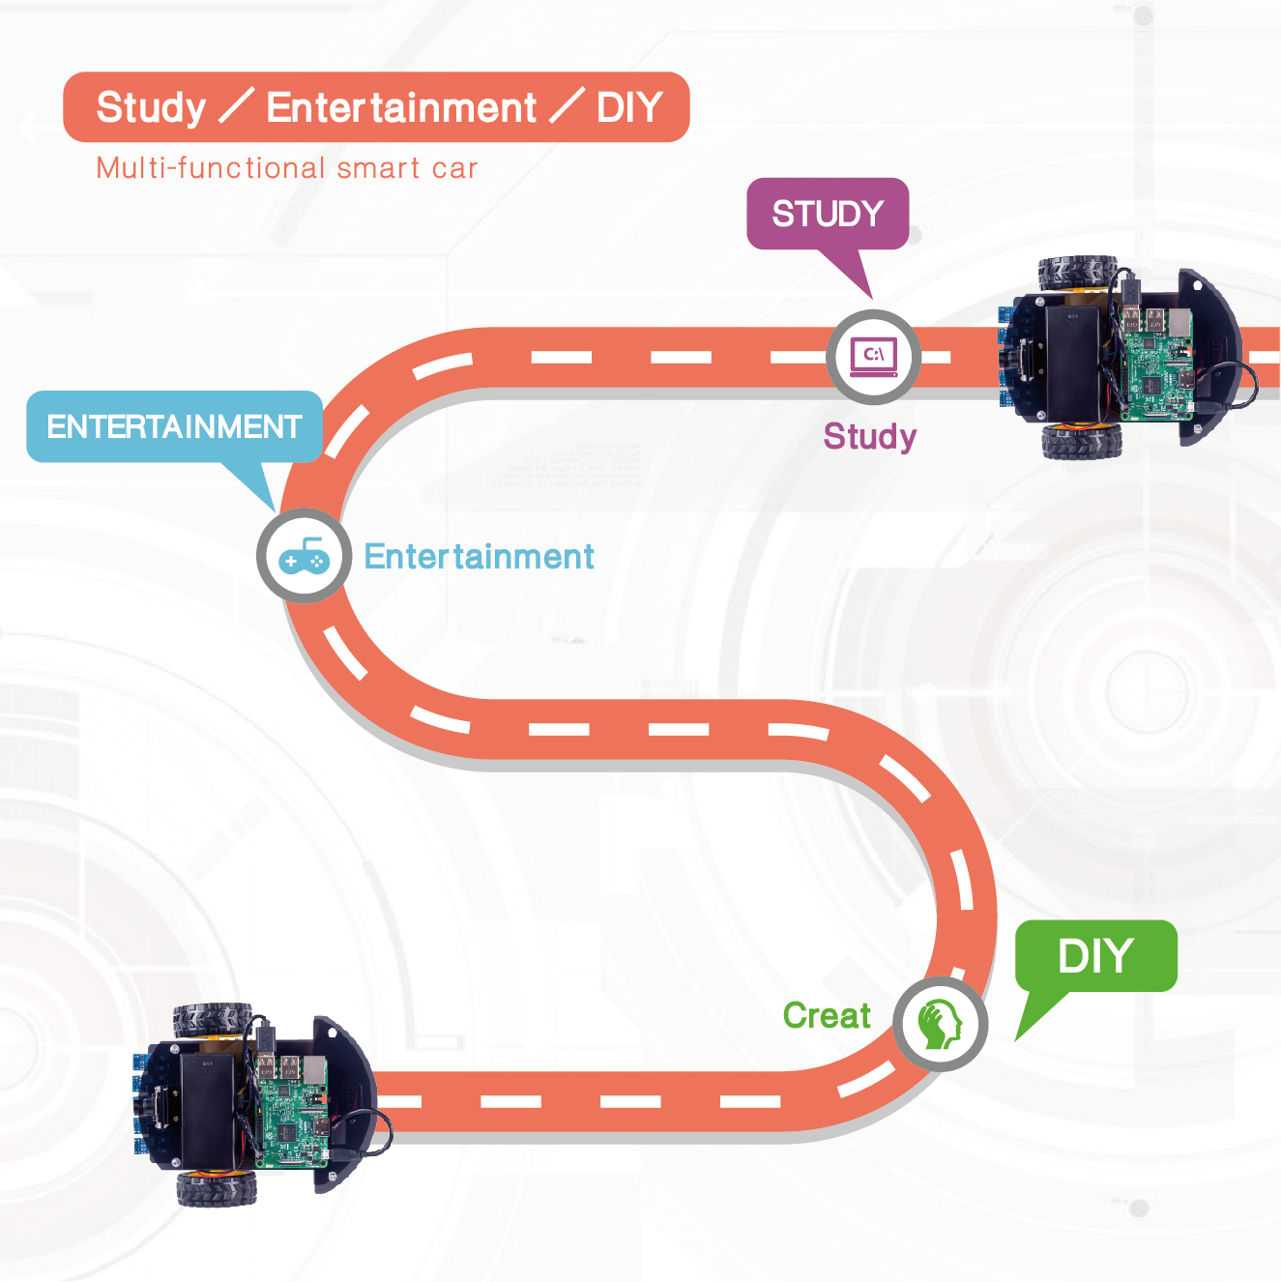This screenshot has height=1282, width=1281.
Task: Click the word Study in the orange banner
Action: tap(151, 107)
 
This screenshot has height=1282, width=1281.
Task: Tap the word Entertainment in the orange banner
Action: tap(401, 107)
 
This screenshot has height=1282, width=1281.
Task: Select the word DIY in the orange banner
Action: tap(629, 107)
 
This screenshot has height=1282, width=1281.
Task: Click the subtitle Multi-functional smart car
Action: tap(287, 168)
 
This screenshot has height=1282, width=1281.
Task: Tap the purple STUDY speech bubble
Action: tap(828, 214)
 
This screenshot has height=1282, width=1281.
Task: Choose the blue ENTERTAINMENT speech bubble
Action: tap(174, 426)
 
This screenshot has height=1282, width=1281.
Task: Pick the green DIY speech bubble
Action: tap(1095, 956)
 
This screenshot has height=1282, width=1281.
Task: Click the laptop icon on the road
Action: tap(874, 357)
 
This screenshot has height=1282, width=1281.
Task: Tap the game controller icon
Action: tap(305, 557)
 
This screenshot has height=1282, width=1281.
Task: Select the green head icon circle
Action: tap(940, 1024)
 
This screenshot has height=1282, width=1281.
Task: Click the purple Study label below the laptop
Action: tap(870, 437)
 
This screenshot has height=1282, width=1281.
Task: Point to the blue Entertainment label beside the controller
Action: tap(479, 557)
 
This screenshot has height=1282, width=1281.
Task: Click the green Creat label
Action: tap(827, 1016)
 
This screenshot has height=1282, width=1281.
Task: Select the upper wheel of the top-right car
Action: tap(1078, 277)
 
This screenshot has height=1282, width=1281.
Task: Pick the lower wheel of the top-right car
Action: tap(1082, 441)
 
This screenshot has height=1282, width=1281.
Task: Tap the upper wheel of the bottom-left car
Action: tap(213, 1021)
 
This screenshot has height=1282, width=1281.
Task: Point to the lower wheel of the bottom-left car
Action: tap(217, 1187)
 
